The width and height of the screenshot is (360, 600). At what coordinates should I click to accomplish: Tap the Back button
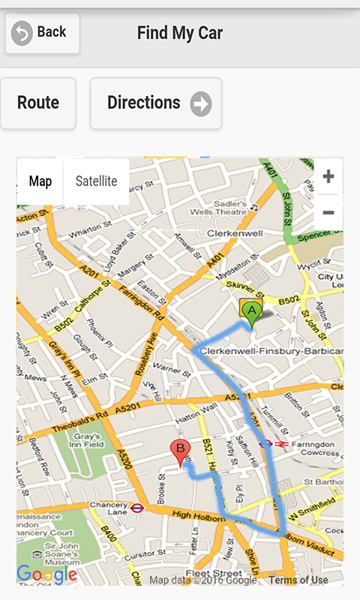pos(42,33)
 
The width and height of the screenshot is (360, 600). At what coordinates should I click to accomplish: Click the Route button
pos(38,103)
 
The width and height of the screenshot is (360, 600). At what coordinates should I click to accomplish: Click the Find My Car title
pos(180,33)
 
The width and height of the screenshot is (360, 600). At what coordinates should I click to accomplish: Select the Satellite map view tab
pos(97,181)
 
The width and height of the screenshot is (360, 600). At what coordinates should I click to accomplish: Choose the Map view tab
pos(40,181)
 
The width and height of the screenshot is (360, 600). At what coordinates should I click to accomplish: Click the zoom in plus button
pos(328,178)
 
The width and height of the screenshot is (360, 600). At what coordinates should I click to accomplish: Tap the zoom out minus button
pos(328,213)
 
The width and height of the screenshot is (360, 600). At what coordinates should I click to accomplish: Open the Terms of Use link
pos(298,580)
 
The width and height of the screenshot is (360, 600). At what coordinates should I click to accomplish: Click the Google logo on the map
pos(46,574)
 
